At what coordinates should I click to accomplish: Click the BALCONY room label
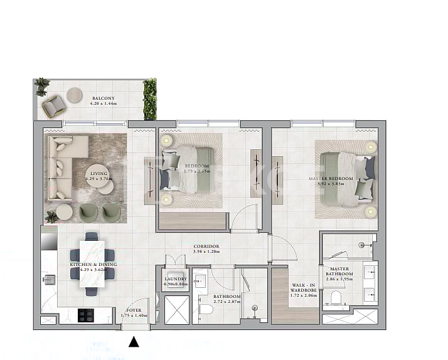click(x=103, y=98)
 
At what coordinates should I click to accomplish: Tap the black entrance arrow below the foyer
click(x=134, y=342)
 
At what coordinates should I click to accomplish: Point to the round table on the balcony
click(x=75, y=94)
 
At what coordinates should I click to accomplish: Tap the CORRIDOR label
click(x=206, y=246)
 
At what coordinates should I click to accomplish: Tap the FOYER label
click(x=134, y=310)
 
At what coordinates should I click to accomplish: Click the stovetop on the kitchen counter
click(x=86, y=313)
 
